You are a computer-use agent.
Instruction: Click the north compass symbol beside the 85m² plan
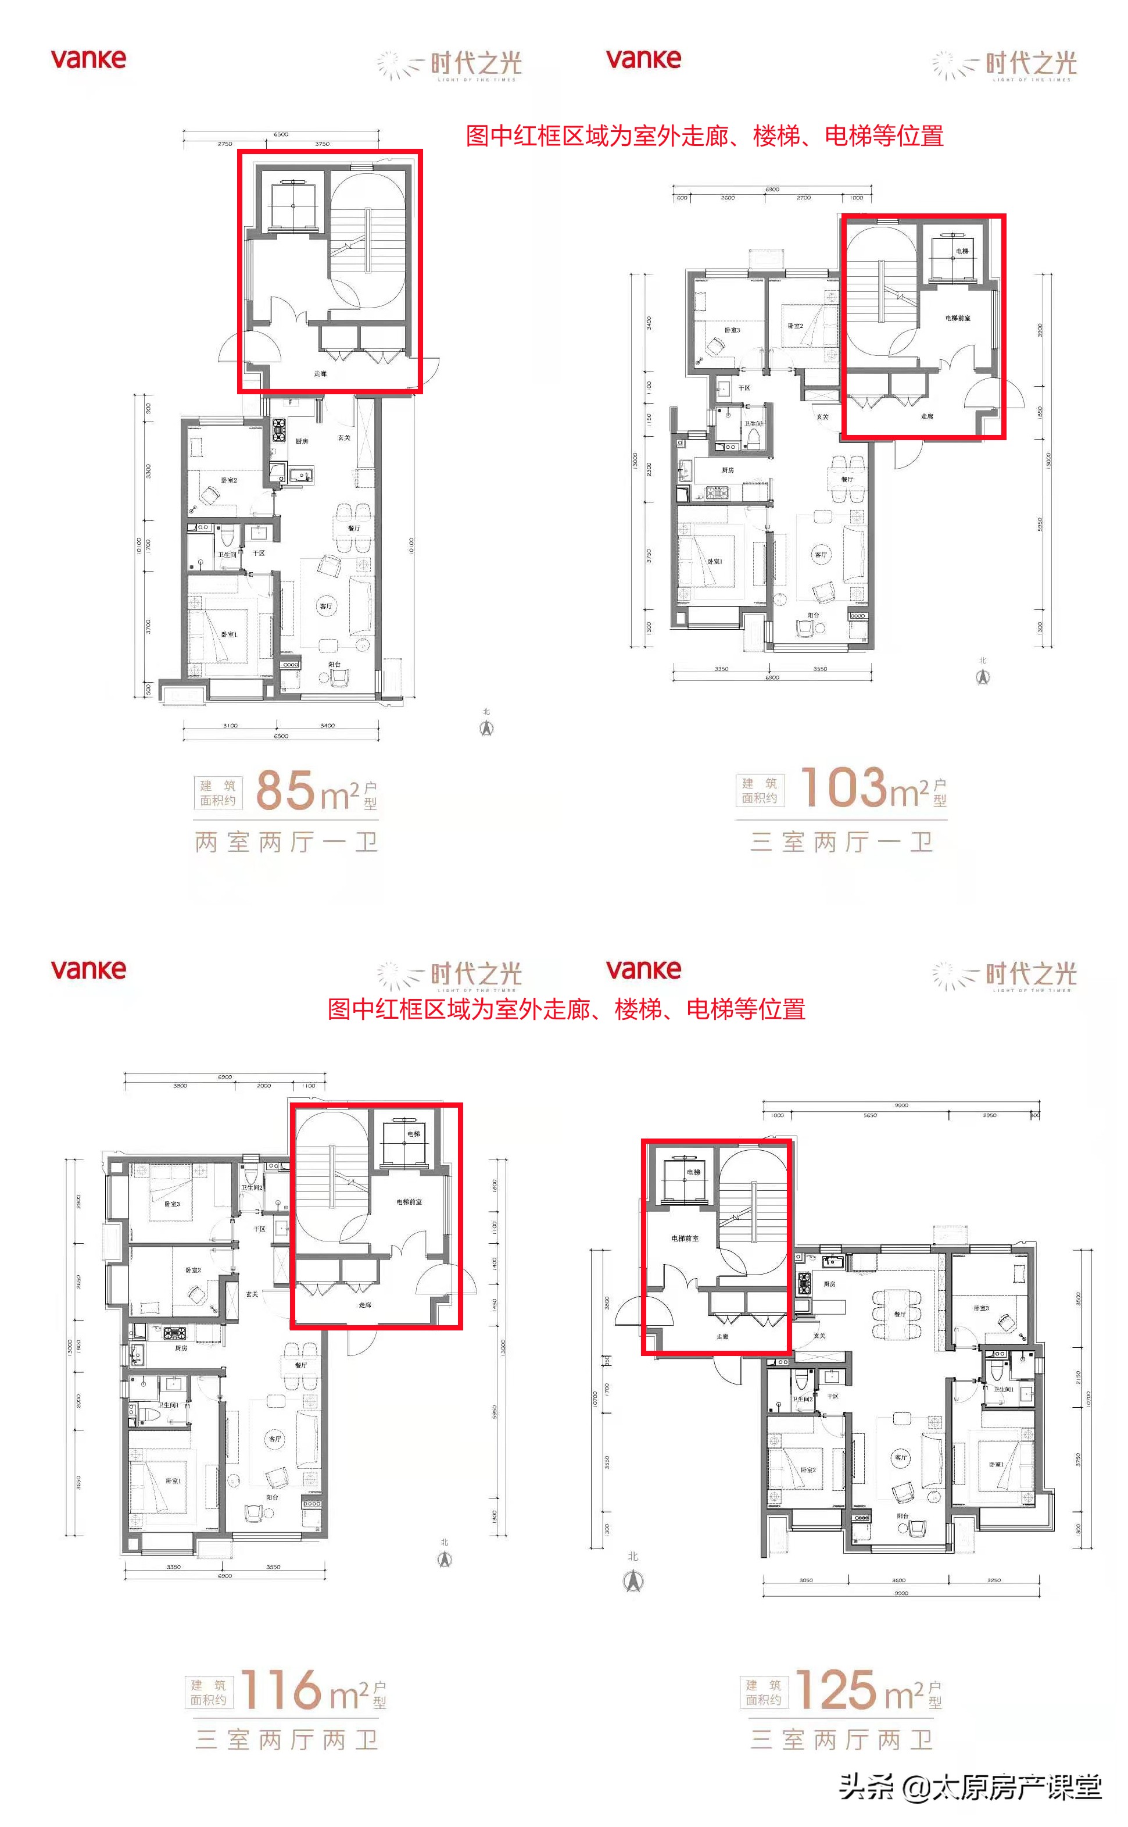[486, 727]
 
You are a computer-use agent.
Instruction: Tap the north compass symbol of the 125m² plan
[633, 1579]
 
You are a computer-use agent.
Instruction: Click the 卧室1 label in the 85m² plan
[228, 634]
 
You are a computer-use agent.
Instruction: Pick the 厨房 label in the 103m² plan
[728, 470]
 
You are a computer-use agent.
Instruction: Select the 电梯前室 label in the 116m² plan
[409, 1201]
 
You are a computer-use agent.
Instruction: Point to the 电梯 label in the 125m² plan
[693, 1172]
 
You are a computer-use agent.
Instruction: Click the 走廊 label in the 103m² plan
[926, 416]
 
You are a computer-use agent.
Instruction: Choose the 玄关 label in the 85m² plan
[344, 437]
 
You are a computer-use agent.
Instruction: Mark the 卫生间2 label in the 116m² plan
[252, 1187]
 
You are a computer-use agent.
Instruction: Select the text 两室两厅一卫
[287, 843]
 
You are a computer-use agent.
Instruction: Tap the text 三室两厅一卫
[841, 843]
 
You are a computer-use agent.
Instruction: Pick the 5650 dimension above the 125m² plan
[870, 1115]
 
